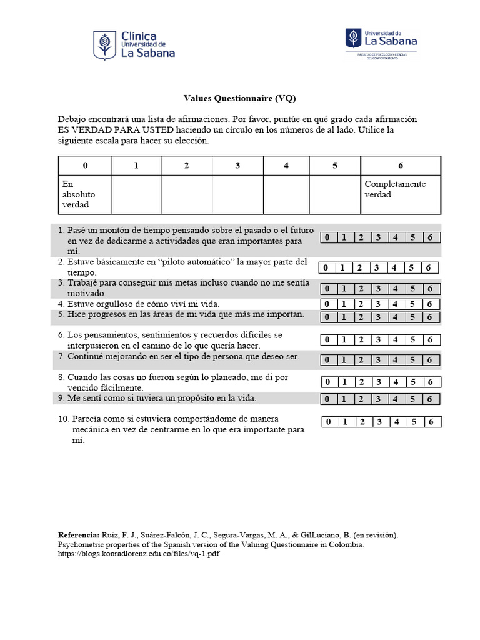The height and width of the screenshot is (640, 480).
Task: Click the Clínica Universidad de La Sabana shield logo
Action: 104,46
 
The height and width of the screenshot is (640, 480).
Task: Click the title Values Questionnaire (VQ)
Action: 239,98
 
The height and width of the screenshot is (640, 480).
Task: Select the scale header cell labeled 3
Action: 237,166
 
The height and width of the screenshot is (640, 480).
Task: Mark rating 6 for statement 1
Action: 430,237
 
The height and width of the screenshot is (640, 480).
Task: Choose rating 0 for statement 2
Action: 326,268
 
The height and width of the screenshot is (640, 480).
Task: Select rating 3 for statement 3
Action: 377,289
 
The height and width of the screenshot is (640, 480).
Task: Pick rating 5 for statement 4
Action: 412,304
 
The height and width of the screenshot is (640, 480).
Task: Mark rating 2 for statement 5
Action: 361,317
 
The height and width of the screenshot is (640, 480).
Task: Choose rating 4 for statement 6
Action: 395,340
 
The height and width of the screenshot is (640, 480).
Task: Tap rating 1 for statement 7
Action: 343,360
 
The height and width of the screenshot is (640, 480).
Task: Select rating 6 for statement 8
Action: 430,382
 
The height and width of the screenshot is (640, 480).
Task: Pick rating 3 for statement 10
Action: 379,422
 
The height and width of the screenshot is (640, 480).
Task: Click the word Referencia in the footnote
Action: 78,535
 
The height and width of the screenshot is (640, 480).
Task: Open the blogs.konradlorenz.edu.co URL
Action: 138,554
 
